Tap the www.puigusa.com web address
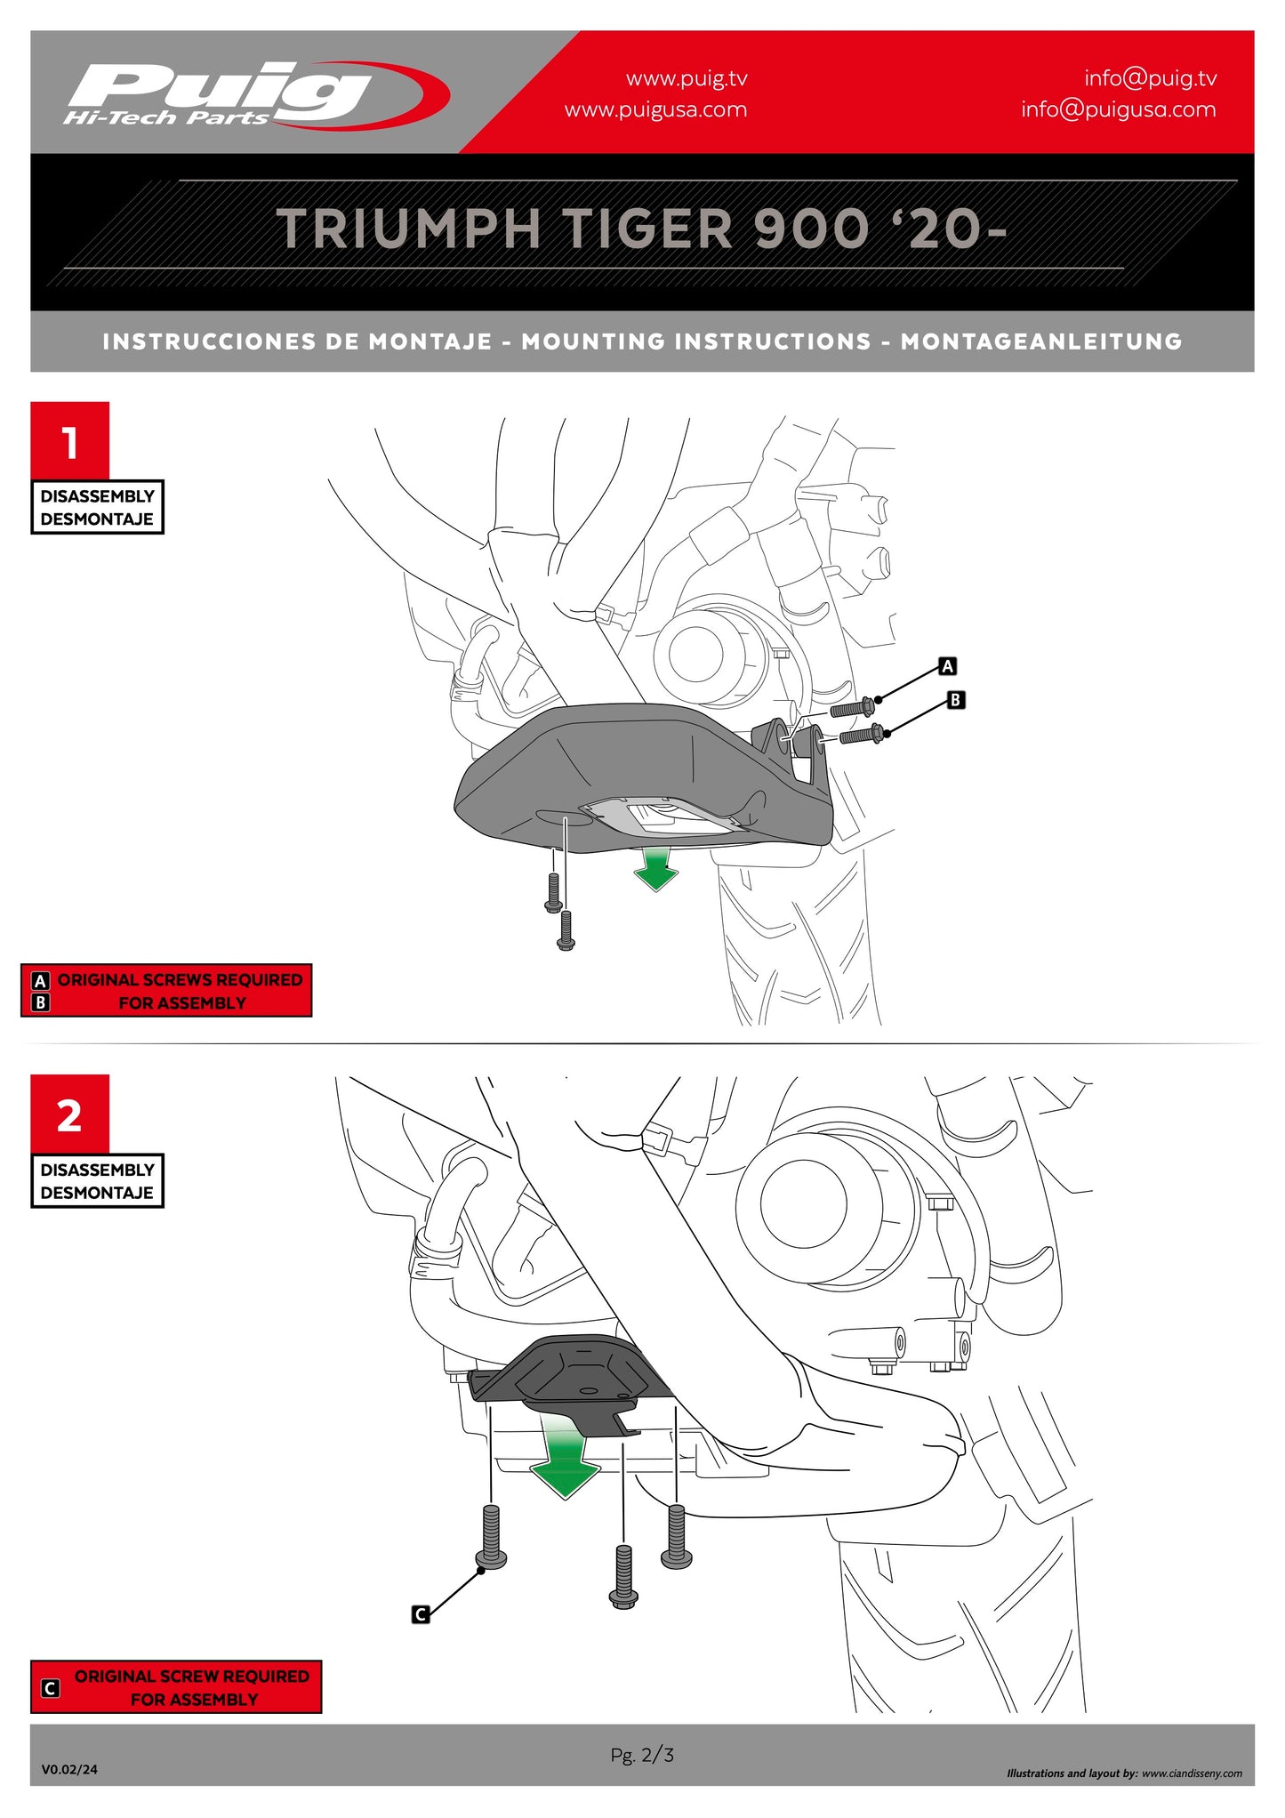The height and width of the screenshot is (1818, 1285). (x=655, y=110)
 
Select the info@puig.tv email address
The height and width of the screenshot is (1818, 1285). (x=1150, y=78)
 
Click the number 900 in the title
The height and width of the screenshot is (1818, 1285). (x=810, y=229)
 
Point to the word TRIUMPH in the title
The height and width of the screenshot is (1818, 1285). (x=408, y=229)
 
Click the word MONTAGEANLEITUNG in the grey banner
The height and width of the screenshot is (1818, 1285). (x=1040, y=342)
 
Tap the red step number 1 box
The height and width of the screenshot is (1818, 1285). (x=70, y=441)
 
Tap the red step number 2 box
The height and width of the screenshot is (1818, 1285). (x=70, y=1114)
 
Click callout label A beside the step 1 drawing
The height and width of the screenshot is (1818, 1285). (x=948, y=666)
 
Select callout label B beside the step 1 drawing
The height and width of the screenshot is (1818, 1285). (x=955, y=700)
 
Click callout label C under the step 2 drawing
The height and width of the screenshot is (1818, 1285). (x=421, y=1614)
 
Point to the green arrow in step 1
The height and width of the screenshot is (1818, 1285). (x=656, y=869)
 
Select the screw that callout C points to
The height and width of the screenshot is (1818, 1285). (x=492, y=1536)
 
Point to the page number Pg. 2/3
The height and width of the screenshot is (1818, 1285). (x=642, y=1755)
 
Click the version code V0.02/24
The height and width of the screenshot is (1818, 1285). (x=69, y=1769)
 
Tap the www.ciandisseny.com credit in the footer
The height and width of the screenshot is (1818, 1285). (x=1192, y=1774)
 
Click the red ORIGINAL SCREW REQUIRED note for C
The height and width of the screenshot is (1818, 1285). (x=176, y=1687)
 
